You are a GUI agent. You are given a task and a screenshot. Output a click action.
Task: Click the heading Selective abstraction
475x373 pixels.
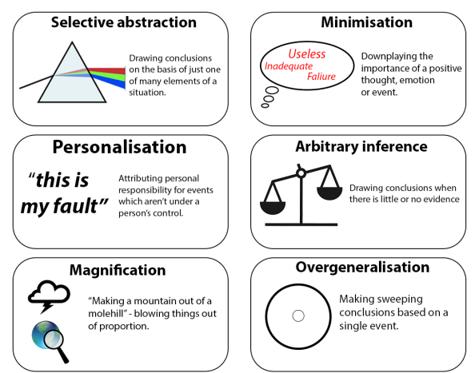[124, 22]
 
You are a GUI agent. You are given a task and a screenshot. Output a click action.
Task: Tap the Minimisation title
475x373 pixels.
[366, 22]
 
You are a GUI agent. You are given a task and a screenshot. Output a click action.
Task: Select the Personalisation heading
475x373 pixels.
[119, 147]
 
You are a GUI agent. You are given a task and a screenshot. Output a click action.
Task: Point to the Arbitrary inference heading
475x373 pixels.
[361, 147]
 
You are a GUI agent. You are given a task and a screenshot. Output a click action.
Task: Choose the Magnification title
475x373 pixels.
[118, 270]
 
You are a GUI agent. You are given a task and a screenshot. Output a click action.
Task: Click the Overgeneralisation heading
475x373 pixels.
[362, 268]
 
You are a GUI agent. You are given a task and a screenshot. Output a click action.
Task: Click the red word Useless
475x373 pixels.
[306, 54]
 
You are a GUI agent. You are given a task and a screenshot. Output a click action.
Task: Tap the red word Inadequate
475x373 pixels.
[289, 66]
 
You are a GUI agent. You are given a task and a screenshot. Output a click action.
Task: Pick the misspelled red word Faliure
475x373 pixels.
[321, 77]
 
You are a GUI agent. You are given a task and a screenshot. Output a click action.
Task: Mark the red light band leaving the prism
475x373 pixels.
[106, 71]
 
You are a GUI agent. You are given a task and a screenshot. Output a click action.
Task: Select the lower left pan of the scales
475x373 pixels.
[273, 208]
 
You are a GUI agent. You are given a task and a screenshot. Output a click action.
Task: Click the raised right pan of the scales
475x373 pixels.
[329, 193]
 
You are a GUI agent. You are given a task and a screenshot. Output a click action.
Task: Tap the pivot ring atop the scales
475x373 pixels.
[301, 173]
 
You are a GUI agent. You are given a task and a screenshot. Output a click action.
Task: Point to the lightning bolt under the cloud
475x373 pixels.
[47, 308]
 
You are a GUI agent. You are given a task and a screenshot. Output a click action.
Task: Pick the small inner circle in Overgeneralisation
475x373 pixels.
[298, 315]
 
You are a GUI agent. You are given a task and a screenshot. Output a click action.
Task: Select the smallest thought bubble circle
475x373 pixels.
[265, 105]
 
